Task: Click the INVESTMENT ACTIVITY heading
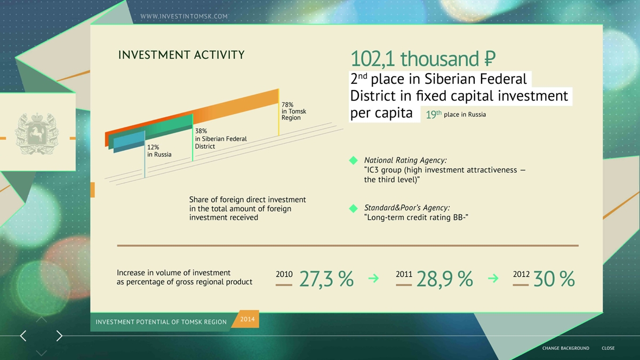coord(181,54)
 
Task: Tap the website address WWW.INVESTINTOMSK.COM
coord(184,17)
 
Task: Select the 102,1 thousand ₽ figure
coord(423,59)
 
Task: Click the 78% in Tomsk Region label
coord(294,111)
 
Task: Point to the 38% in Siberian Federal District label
coord(221,139)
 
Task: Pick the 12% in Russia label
coord(159,151)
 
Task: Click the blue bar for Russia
coord(129,142)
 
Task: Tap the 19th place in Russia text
coord(455,114)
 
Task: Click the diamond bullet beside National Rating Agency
coord(354,161)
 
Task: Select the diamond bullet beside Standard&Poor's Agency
coord(354,209)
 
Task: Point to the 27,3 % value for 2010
coord(326,279)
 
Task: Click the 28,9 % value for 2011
coord(445,279)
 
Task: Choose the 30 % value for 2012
coord(554,279)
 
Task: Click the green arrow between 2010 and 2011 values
coord(373,278)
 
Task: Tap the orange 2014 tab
coord(246,319)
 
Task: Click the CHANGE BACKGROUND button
coord(566,348)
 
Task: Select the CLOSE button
coord(608,348)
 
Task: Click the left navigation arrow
coord(23,335)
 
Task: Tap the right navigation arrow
coord(59,335)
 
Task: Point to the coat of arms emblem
coord(37,133)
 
